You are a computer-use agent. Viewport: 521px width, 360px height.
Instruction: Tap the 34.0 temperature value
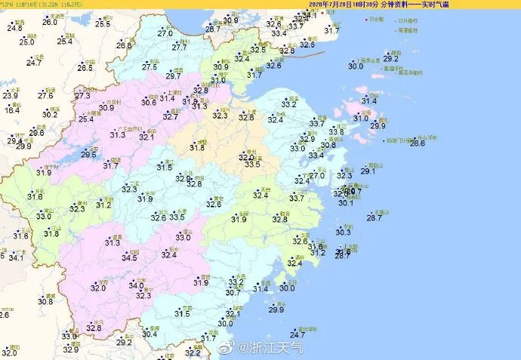click(136, 285)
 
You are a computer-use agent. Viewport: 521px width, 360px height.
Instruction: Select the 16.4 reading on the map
click(12, 110)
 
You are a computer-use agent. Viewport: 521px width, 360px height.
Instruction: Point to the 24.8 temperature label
click(15, 29)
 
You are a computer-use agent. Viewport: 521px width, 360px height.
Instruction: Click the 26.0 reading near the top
click(50, 23)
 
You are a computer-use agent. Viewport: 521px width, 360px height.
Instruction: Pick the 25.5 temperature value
click(103, 25)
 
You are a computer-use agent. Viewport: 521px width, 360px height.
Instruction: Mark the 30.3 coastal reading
click(344, 232)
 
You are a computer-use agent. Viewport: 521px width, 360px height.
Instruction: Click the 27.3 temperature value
click(82, 96)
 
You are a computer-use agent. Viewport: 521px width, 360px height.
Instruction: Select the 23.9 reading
click(10, 95)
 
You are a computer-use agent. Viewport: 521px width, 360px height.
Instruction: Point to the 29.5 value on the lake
click(89, 155)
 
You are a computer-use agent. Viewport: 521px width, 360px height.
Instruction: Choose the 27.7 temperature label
click(180, 48)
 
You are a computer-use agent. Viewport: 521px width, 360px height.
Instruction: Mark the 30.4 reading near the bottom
click(150, 334)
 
